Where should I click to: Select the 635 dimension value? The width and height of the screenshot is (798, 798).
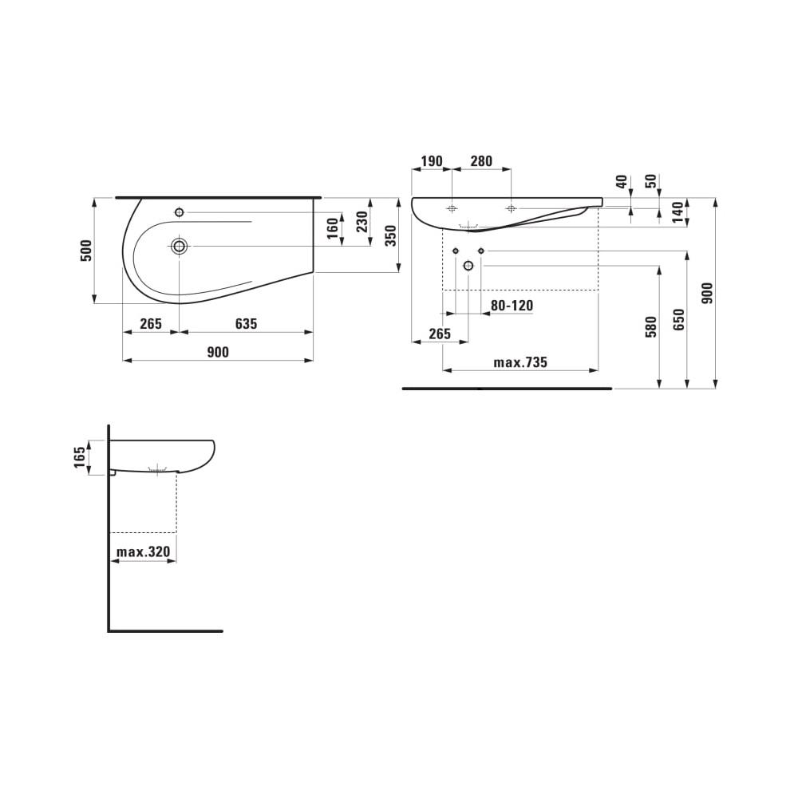coord(246,324)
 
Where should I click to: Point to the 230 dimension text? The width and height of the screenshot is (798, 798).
coord(361,221)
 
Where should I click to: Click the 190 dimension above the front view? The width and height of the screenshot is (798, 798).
coord(431,161)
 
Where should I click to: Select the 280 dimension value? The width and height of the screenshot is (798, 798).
coord(481,161)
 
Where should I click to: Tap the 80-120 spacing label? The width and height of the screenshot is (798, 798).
coord(512,306)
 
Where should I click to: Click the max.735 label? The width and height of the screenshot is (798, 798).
coord(520,362)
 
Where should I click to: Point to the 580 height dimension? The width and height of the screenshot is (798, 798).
coord(650,326)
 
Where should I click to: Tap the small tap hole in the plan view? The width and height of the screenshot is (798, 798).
coord(179,212)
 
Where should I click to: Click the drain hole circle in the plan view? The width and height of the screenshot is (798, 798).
coord(180,246)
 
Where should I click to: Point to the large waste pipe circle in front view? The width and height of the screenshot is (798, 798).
coord(468,265)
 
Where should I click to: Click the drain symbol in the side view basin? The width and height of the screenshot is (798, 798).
coord(160,469)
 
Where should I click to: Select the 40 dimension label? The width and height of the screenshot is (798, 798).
coord(622,181)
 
